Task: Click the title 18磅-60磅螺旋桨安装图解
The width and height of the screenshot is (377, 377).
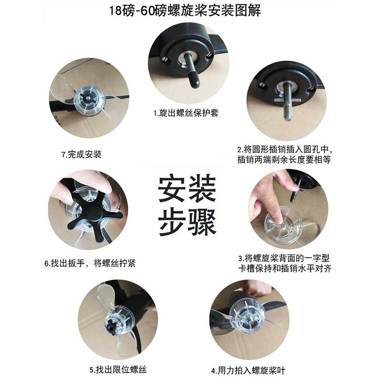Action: tap(185, 11)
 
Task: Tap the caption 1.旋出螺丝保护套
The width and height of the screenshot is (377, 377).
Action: tap(186, 113)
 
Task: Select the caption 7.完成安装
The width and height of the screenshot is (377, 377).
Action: tap(82, 154)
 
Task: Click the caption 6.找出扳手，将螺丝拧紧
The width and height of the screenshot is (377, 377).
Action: tap(90, 263)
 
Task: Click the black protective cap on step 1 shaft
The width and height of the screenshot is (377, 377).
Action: tap(194, 81)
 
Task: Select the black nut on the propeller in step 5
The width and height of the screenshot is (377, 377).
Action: tap(111, 327)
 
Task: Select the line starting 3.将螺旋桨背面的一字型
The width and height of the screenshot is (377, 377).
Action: tap(284, 258)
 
